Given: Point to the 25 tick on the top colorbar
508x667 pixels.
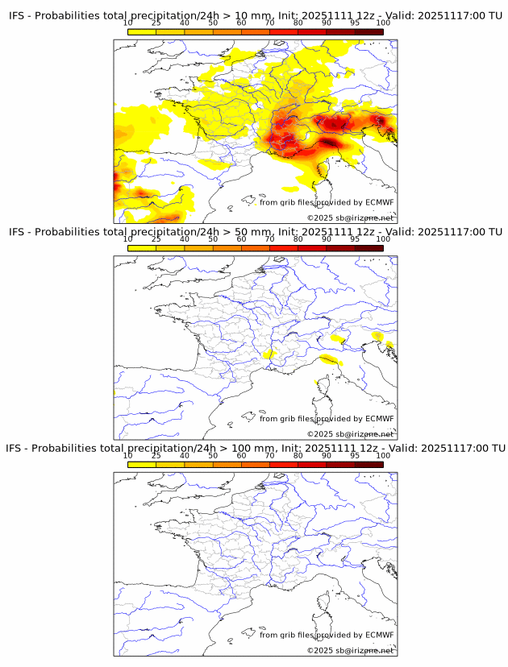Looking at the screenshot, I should pyautogui.click(x=156, y=23).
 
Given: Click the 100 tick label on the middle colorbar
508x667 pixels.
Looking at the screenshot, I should pyautogui.click(x=383, y=239).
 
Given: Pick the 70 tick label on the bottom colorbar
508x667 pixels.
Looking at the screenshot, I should pyautogui.click(x=269, y=455).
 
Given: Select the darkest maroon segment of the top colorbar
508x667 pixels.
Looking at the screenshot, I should pyautogui.click(x=369, y=31).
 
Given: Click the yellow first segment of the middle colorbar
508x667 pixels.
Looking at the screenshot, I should pyautogui.click(x=142, y=247).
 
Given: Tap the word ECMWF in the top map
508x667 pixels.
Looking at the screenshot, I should pyautogui.click(x=379, y=202).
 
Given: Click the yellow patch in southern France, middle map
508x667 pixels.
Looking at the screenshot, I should pyautogui.click(x=269, y=353).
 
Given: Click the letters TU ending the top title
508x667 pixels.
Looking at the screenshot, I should pyautogui.click(x=493, y=16).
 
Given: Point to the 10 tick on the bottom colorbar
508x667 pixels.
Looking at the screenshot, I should pyautogui.click(x=128, y=455).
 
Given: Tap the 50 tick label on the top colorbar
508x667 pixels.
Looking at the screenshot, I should pyautogui.click(x=213, y=23).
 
